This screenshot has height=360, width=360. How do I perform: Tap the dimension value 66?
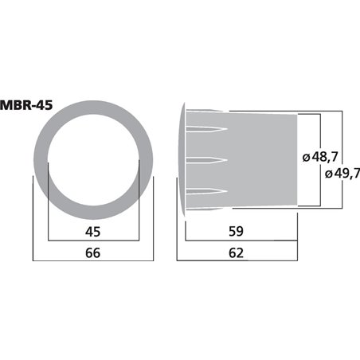(93, 253)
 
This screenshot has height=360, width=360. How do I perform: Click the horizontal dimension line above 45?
(93, 241)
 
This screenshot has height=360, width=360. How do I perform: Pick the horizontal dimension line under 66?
(93, 261)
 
